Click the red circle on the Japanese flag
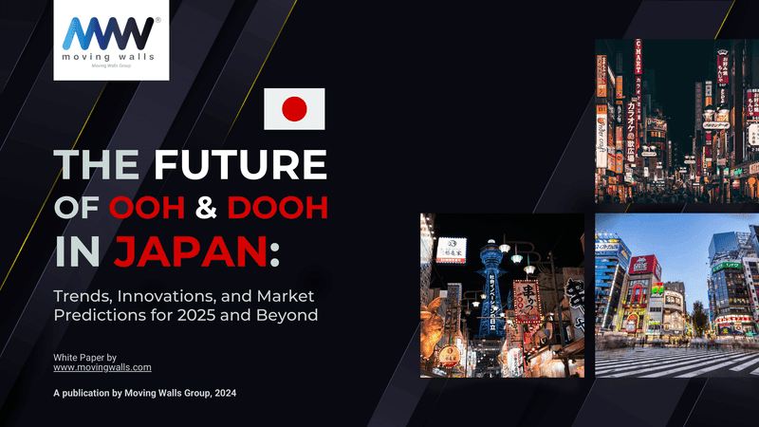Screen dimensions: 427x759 [x=294, y=109]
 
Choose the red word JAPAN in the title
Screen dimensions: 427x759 [x=190, y=251]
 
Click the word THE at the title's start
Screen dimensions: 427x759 [x=95, y=164]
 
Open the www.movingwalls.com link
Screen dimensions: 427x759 [x=102, y=366]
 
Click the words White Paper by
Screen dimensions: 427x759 [x=84, y=355]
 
